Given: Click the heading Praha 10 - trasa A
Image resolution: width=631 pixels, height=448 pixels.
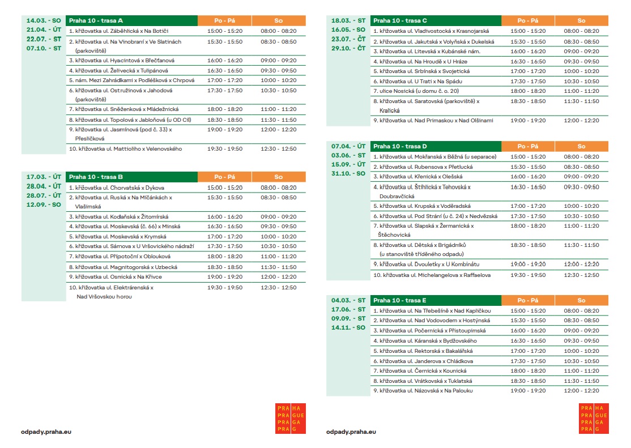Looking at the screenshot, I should (96, 20).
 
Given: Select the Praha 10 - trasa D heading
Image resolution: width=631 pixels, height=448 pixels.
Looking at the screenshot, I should (400, 146).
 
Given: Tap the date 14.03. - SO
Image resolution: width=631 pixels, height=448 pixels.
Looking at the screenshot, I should (44, 20).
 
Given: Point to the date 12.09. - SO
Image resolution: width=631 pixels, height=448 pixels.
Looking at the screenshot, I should (44, 204).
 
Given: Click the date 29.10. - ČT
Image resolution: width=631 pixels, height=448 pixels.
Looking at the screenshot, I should (348, 48).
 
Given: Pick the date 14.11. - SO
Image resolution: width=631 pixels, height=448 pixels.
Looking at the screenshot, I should (348, 327).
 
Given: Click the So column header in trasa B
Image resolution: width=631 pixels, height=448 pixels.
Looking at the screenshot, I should (278, 177).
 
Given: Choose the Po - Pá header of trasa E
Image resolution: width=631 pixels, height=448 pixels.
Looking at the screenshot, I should (527, 300).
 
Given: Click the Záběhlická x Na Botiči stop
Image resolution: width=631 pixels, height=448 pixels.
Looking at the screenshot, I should (118, 31).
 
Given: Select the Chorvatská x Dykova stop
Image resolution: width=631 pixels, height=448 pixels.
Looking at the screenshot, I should (117, 187).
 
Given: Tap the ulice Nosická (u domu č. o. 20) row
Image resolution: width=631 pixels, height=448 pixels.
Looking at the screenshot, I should (416, 91).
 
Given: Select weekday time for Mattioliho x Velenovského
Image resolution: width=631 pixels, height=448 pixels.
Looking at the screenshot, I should (225, 149).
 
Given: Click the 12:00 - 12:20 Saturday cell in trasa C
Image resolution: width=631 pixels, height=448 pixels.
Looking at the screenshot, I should (581, 120).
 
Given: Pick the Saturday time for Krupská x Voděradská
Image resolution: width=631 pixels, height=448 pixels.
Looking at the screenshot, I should (581, 206).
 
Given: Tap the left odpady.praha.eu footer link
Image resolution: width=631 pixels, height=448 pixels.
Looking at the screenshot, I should (46, 432).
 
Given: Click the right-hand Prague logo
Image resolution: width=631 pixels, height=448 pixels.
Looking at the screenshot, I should (593, 419).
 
